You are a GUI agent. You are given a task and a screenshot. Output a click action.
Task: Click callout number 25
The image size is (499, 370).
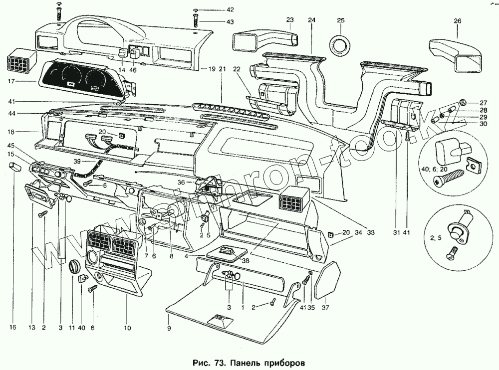(x=341, y=20)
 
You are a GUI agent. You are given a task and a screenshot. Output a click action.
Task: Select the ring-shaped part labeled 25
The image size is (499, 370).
(x=341, y=44)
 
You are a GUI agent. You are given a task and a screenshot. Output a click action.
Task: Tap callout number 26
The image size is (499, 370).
(x=458, y=20)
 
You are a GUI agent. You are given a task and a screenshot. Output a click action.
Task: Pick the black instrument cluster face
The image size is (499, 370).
(x=83, y=78)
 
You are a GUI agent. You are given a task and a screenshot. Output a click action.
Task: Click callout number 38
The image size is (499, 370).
(x=231, y=259)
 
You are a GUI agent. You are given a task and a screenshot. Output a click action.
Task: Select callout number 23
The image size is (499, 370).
(x=290, y=20)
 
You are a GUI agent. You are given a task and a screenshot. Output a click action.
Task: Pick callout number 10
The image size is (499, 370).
(x=128, y=328)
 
